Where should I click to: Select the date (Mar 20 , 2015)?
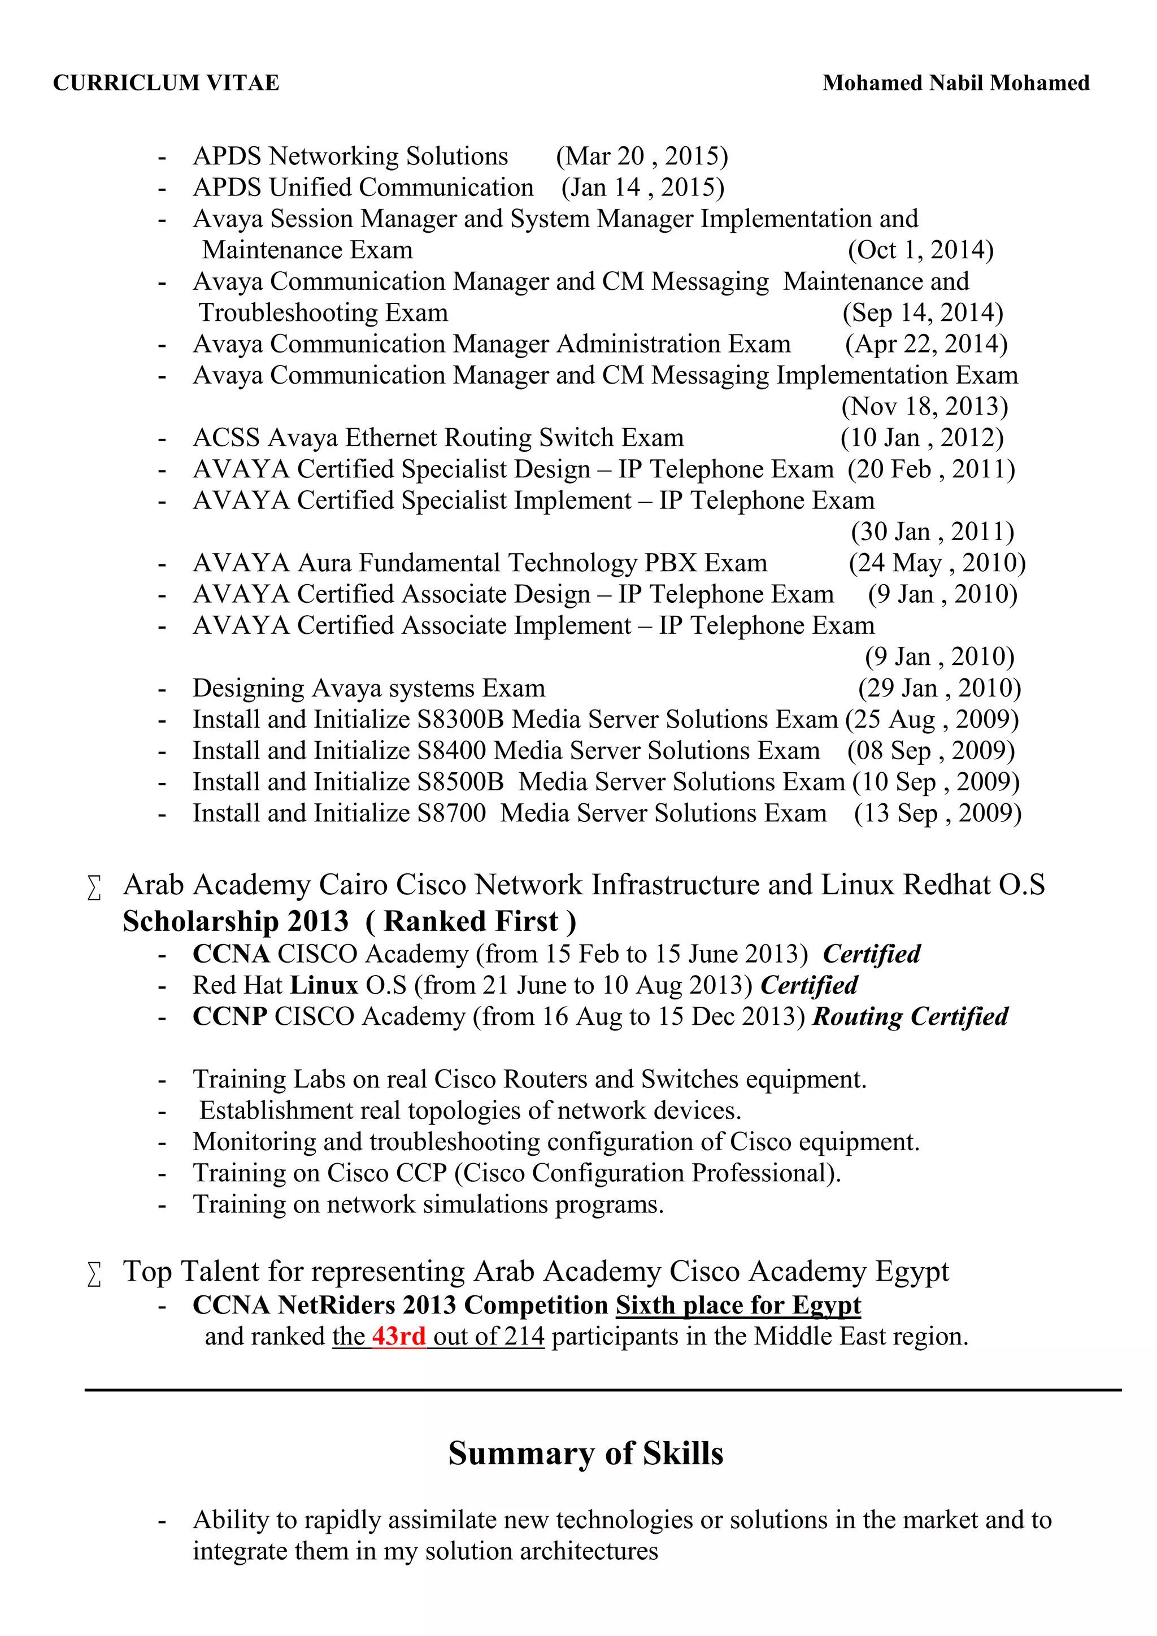(641, 156)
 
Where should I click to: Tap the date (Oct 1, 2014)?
(920, 250)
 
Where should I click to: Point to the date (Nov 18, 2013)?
(924, 407)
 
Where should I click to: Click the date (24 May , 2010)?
(936, 563)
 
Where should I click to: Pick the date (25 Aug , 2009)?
(931, 720)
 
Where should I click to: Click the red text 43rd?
(398, 1336)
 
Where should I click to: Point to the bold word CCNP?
(229, 1016)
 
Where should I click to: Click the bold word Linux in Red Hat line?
(324, 985)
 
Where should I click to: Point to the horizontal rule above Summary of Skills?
(602, 1390)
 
